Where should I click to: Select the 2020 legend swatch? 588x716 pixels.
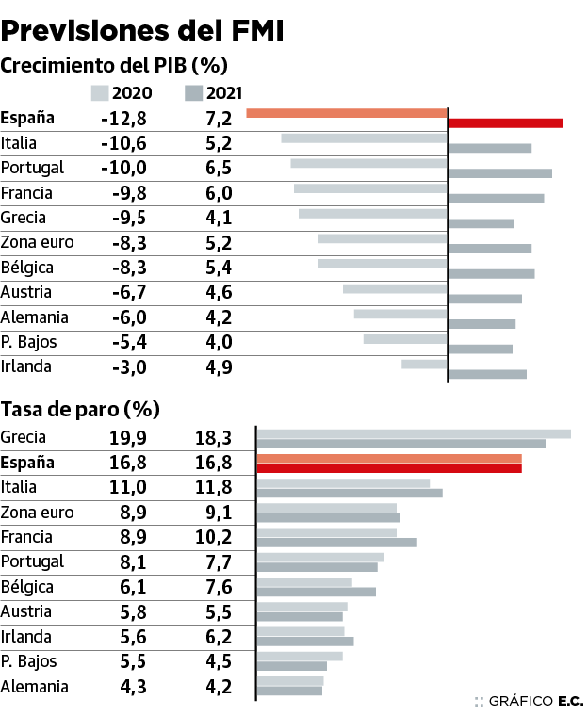[101, 92]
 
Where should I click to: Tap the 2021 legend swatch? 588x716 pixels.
[194, 92]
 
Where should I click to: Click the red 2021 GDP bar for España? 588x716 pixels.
[506, 122]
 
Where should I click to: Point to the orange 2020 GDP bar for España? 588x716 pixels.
[346, 113]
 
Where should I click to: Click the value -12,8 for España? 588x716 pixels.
[123, 119]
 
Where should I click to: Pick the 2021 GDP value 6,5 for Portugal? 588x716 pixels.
[219, 168]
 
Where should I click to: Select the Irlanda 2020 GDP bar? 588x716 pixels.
[424, 364]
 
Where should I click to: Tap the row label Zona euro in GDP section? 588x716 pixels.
[38, 242]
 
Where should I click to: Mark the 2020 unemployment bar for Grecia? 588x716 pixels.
[414, 433]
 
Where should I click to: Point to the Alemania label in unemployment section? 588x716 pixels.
[35, 686]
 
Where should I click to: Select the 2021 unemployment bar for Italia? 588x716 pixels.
[350, 493]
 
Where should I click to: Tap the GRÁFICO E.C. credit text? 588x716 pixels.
[530, 701]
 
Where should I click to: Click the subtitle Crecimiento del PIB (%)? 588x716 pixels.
[114, 66]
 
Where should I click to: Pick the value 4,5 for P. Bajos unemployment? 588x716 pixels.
[219, 661]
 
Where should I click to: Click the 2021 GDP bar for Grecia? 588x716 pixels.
[482, 223]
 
